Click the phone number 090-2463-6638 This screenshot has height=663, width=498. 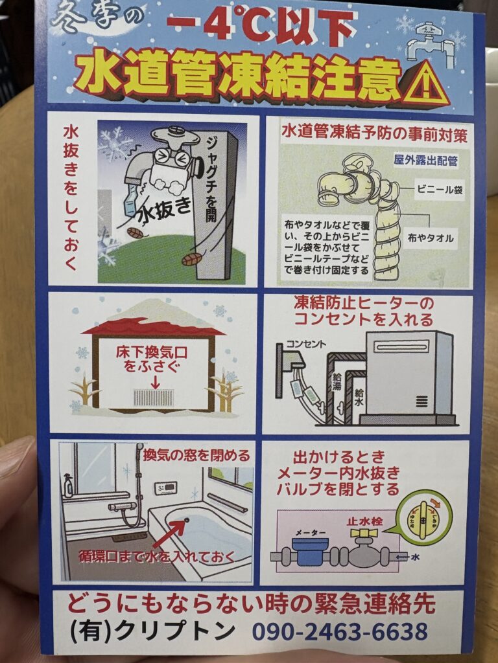340,631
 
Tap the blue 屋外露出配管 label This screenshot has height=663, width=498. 425,160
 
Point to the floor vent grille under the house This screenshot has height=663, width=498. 153,397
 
